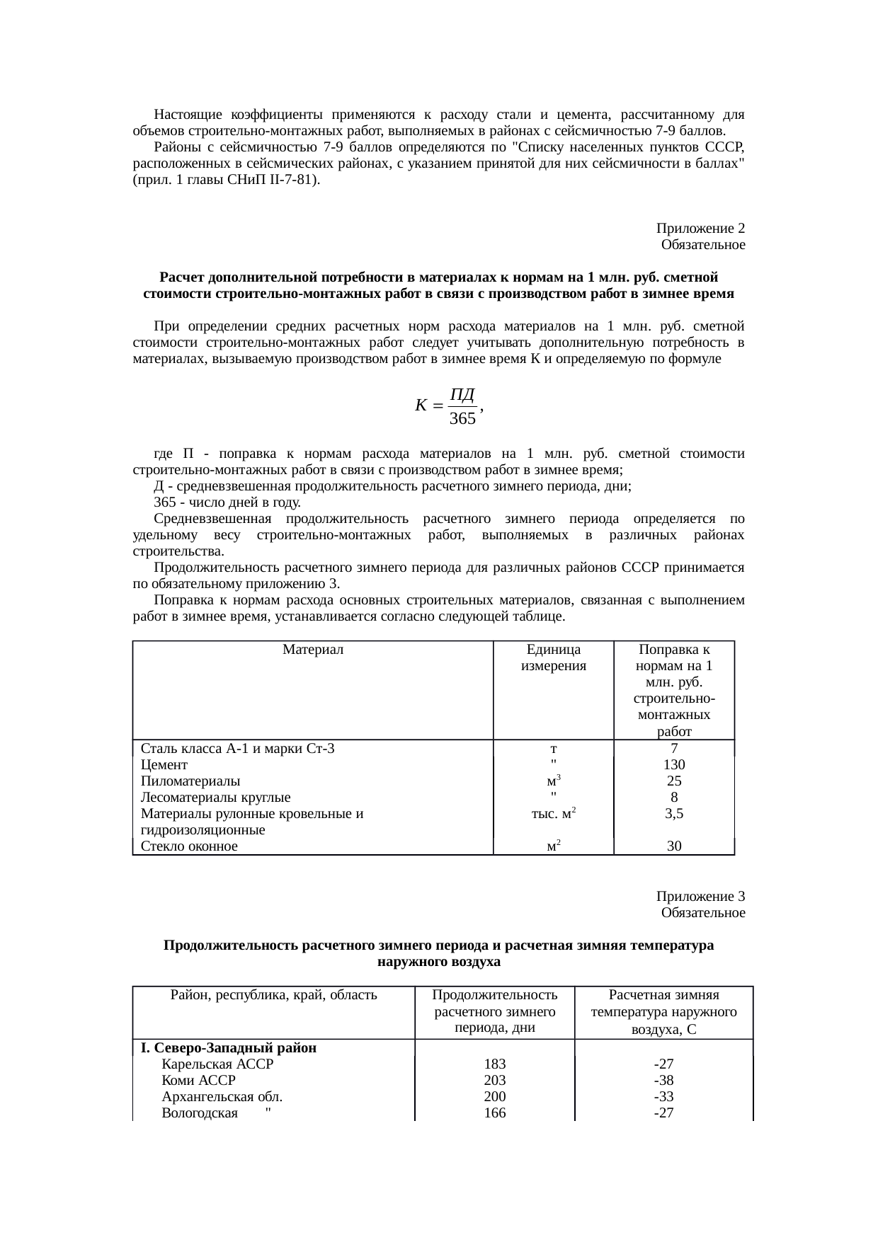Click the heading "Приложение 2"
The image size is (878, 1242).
click(700, 229)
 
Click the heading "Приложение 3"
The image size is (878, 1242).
click(700, 897)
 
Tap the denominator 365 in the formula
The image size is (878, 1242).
click(462, 419)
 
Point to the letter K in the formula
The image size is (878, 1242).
click(421, 406)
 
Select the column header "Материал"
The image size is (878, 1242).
click(313, 649)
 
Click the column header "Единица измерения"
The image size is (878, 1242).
click(553, 657)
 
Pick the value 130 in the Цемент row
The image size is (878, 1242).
click(673, 765)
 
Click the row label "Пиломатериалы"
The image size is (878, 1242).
click(190, 781)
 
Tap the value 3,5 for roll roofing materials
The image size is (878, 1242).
click(673, 814)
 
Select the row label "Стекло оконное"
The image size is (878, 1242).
click(189, 846)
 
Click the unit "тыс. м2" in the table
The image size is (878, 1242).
click(552, 814)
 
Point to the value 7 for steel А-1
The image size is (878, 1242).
click(673, 749)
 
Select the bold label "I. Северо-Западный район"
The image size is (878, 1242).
click(228, 1047)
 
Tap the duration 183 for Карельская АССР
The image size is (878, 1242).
click(494, 1064)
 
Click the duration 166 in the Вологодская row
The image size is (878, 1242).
click(494, 1112)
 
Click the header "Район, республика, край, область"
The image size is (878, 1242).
click(274, 994)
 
